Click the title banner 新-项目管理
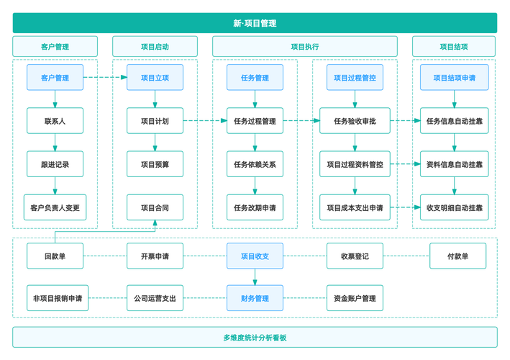point(255,23)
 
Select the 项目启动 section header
point(155,47)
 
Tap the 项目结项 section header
point(453,47)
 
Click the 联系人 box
point(55,121)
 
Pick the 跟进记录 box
point(55,164)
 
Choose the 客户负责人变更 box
point(55,207)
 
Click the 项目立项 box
point(155,78)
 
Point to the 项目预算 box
point(155,164)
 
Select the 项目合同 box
point(155,207)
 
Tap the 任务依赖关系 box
point(255,164)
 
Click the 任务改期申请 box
point(255,207)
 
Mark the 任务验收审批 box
point(355,121)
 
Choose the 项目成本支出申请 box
point(355,207)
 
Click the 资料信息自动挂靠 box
point(454,164)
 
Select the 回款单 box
point(55,256)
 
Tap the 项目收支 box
point(255,256)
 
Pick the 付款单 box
point(457,256)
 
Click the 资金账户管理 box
point(355,298)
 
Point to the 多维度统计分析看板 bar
point(255,337)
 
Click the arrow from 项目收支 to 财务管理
point(255,277)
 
